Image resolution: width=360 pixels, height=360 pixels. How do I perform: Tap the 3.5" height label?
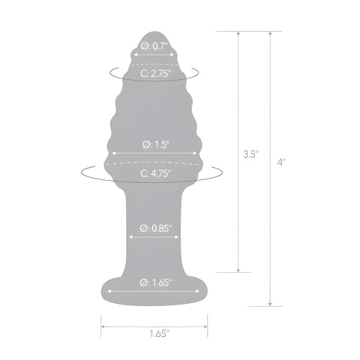tap(249, 153)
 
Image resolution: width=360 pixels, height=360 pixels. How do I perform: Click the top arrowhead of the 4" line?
tap(270, 34)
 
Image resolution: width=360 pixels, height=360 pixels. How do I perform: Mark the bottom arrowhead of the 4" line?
tap(270, 304)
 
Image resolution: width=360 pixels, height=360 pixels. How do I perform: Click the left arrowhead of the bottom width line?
tap(103, 323)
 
